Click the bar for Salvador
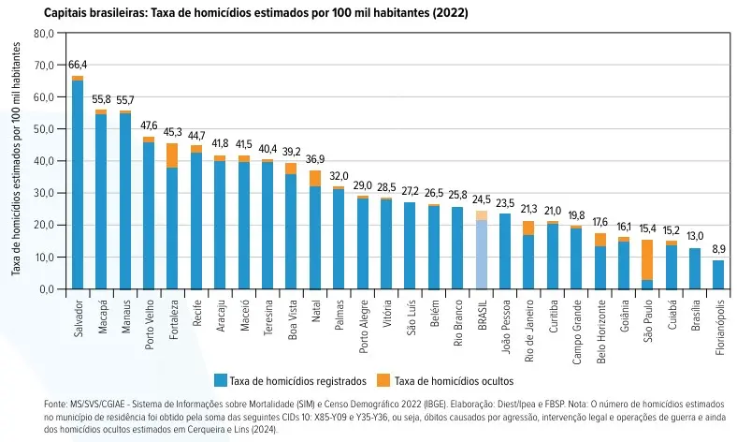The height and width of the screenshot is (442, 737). coord(78,187)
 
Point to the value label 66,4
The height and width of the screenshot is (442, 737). coord(78,65)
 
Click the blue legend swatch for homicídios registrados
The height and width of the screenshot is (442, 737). coord(221,380)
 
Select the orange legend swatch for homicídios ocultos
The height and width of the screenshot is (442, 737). coord(383,380)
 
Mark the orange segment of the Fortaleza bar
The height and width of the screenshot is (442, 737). coord(173,155)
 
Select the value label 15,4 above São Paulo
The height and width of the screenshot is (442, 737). coord(646,229)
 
